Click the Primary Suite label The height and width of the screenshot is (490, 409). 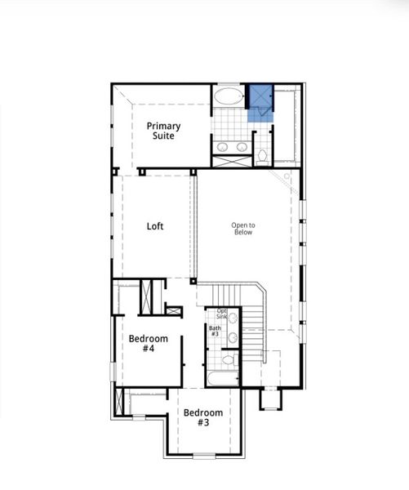coord(164,131)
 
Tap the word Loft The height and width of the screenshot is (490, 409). coord(155,226)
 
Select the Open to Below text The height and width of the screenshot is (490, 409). coord(242,229)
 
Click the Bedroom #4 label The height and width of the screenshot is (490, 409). coord(148,343)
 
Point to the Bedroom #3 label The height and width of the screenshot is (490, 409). coord(202,417)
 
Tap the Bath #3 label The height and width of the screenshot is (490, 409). coord(215,332)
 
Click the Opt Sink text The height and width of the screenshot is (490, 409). coord(221,314)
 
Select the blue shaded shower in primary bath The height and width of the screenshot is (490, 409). coord(261,102)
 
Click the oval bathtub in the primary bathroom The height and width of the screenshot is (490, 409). coord(229,98)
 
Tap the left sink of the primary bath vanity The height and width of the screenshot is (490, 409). coord(222,147)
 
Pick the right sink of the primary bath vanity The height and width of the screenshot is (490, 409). coord(241,147)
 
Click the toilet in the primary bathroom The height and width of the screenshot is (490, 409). coord(262,154)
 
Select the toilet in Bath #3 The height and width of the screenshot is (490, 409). coord(229,359)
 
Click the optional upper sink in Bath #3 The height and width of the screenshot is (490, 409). coord(232,317)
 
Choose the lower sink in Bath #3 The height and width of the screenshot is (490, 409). coord(232,336)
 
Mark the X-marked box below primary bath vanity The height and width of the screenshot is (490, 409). coord(231,162)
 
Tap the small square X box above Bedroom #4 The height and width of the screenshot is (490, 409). coord(174,310)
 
